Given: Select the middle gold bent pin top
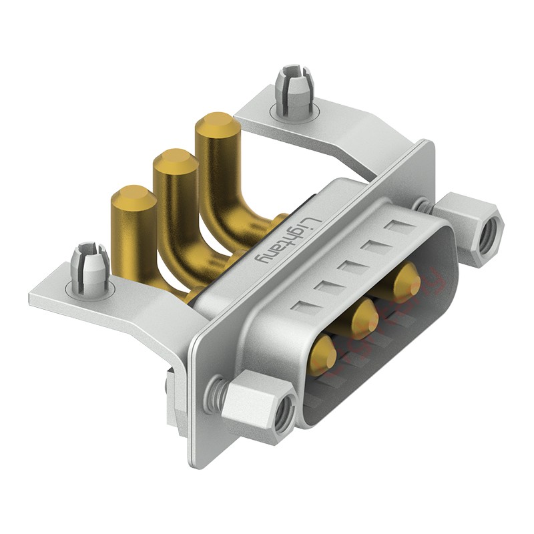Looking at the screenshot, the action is [x=176, y=162].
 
